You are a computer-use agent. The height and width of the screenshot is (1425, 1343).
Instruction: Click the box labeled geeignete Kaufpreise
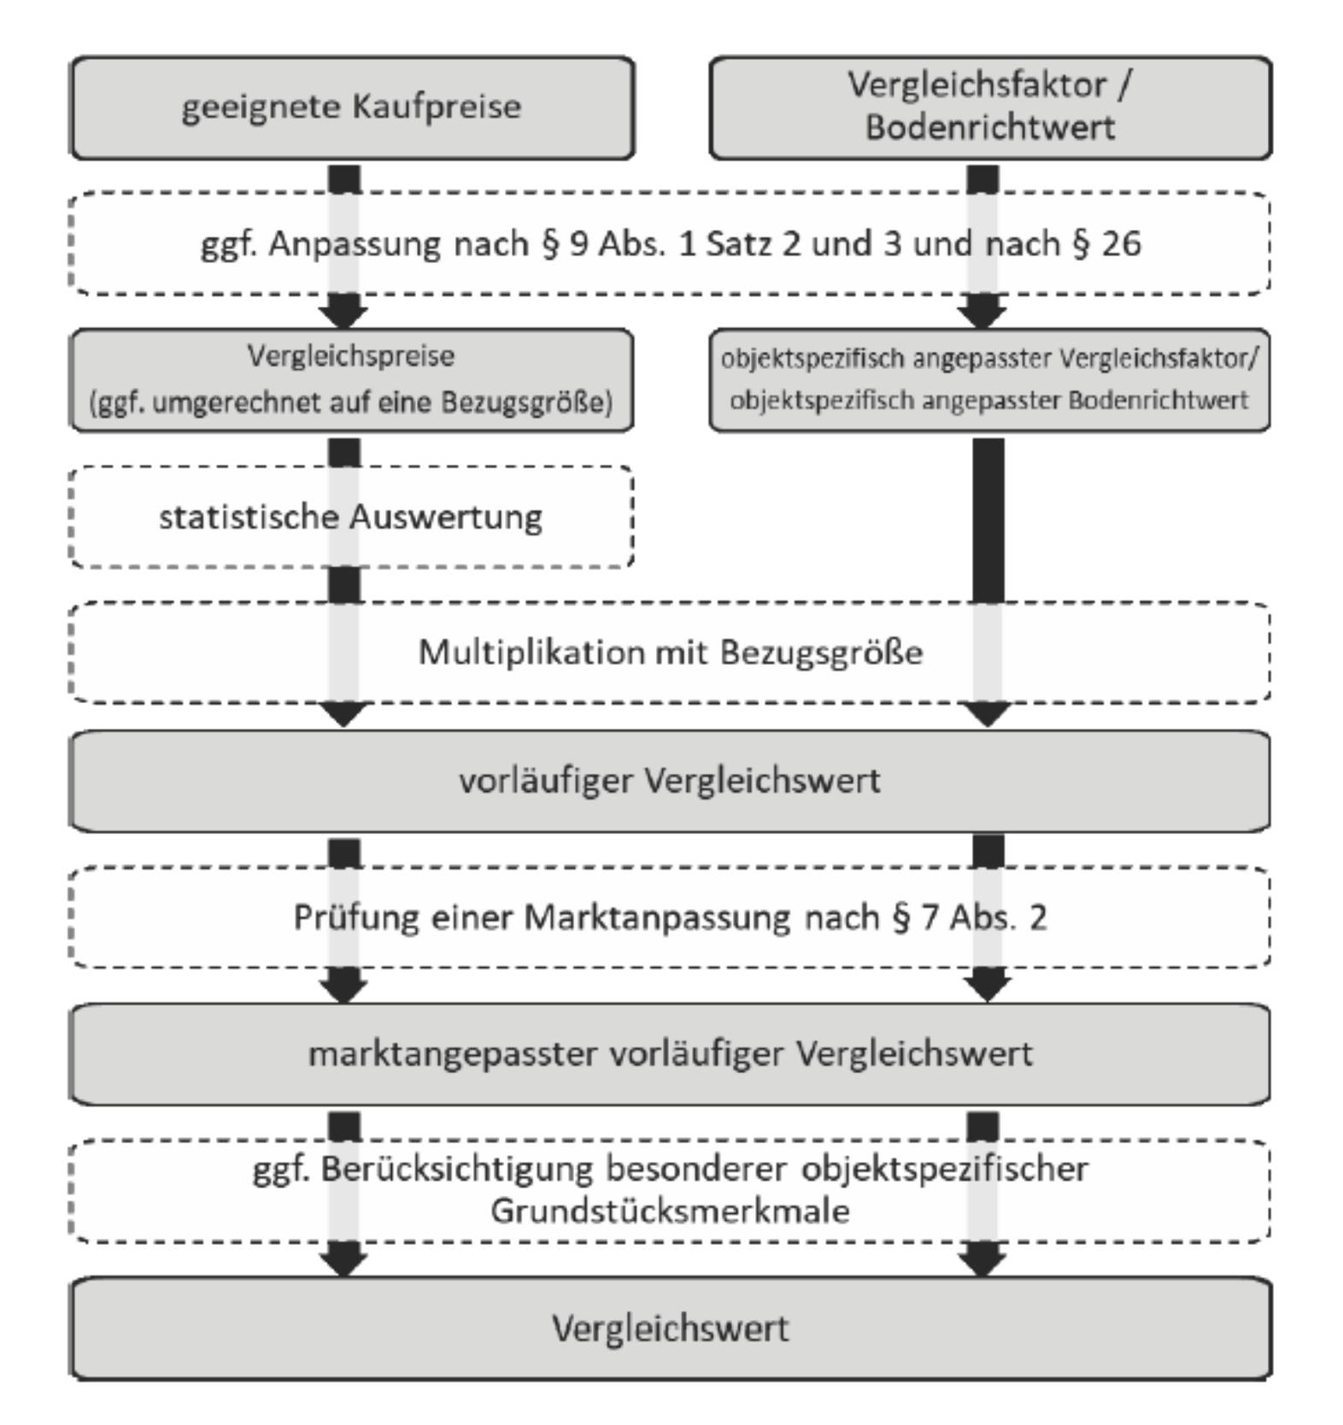(x=351, y=108)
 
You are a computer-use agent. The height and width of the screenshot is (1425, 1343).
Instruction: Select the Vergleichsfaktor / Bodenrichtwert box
(x=989, y=108)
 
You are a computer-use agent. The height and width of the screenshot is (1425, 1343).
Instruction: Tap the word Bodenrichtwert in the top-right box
(x=989, y=127)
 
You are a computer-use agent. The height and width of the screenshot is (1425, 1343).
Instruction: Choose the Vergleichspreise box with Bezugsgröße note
(x=351, y=379)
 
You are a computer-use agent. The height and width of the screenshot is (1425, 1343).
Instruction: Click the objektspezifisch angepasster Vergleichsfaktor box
(x=989, y=379)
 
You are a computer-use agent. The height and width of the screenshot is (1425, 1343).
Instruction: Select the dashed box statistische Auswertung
(x=351, y=517)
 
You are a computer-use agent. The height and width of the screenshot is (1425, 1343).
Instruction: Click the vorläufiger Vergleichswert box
(x=670, y=781)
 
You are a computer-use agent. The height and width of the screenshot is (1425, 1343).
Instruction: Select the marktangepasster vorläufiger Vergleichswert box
(x=670, y=1054)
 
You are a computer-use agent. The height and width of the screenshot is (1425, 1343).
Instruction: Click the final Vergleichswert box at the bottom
(x=670, y=1328)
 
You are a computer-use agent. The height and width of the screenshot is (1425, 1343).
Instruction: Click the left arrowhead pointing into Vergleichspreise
(x=343, y=314)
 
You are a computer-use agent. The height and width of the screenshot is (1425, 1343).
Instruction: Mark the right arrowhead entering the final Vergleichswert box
(x=982, y=1261)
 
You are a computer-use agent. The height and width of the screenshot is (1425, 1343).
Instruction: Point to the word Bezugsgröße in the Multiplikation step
(x=821, y=653)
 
